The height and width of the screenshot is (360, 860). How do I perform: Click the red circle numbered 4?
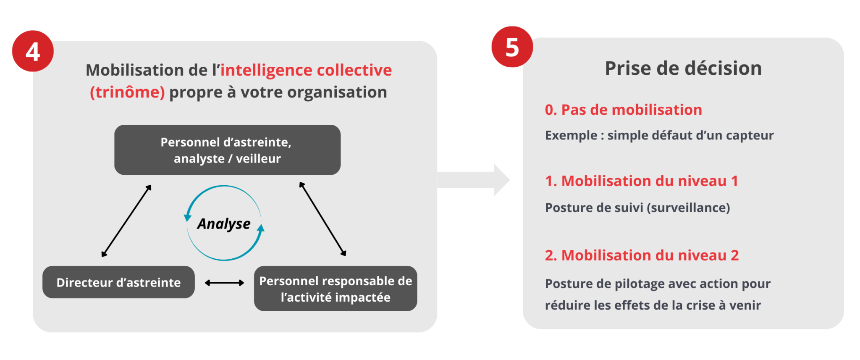[x=33, y=51]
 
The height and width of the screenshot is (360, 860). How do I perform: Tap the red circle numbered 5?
[x=512, y=47]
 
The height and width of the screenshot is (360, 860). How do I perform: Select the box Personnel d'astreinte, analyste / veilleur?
[x=227, y=150]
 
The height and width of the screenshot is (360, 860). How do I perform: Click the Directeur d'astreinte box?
[x=118, y=282]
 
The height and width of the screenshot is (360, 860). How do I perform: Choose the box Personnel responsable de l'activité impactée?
[x=336, y=289]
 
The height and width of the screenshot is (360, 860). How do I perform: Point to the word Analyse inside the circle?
[x=224, y=224]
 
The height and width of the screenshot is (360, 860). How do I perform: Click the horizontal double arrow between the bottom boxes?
[x=224, y=283]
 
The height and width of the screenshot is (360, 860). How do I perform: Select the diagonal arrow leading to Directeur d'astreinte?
[x=126, y=221]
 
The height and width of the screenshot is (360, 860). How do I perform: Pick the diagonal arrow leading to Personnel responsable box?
[x=322, y=219]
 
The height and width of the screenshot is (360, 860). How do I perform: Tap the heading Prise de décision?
[x=683, y=68]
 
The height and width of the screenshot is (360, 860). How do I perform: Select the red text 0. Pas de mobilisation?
[x=623, y=110]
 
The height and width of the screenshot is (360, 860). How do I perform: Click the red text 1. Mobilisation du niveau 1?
[x=641, y=181]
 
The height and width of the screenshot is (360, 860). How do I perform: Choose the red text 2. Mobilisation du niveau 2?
[x=642, y=255]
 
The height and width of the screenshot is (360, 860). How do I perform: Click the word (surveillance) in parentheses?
[x=688, y=208]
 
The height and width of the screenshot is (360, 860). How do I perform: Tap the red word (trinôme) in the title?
[x=127, y=92]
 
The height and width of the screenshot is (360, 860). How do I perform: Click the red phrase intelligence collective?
[x=306, y=70]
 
